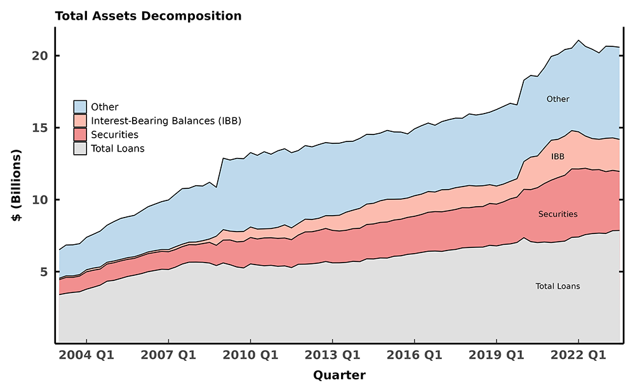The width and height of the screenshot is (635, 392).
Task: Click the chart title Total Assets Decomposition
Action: pos(148,16)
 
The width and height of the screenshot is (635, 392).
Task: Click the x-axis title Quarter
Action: pos(339,376)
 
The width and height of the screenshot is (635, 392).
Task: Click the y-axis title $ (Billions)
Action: pos(17,185)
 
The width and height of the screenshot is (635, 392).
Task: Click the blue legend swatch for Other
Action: pos(80,107)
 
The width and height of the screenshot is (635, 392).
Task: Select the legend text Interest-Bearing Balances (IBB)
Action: pos(166,121)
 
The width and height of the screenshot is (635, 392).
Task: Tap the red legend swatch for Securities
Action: pos(80,134)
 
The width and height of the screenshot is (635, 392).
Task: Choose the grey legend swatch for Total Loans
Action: pos(80,148)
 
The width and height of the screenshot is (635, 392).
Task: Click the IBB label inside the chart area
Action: pos(558,156)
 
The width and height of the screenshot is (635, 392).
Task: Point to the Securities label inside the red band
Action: pos(558,214)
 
